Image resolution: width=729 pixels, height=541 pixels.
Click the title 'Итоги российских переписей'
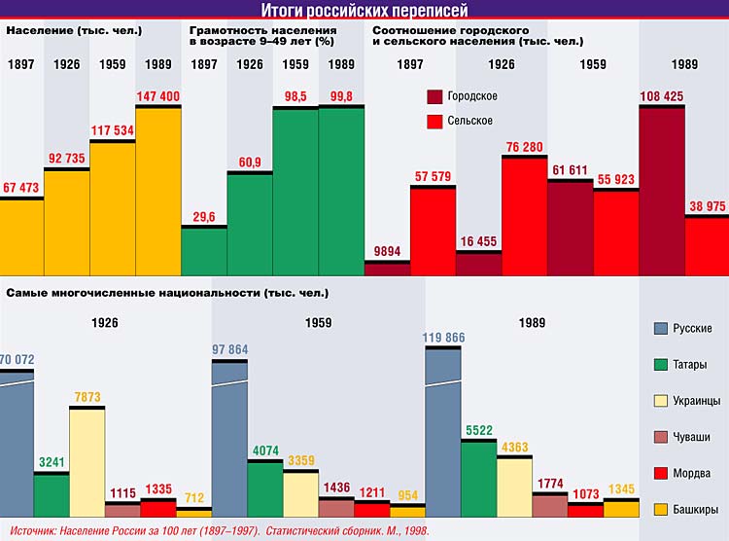[x=364, y=11]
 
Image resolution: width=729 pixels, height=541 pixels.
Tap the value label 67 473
[x=22, y=188]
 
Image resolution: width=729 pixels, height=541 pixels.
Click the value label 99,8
[x=341, y=95]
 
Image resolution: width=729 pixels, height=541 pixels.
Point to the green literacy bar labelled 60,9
[x=250, y=224]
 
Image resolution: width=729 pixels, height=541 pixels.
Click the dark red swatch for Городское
[x=435, y=97]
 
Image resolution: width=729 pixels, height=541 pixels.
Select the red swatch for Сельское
[x=435, y=121]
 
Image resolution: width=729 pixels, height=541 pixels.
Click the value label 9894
[x=387, y=251]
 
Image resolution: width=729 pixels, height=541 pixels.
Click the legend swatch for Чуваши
[x=662, y=436]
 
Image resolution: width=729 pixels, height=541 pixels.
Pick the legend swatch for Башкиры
[x=662, y=508]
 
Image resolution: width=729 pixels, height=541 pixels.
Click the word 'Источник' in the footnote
[x=30, y=531]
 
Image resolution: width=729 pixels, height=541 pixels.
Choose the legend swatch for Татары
[x=662, y=364]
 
